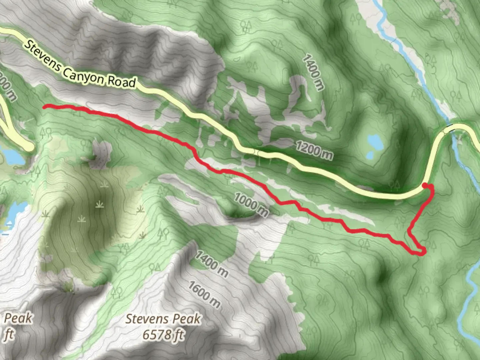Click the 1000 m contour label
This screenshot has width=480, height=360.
(x=251, y=204)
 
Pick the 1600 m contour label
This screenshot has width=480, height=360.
(x=204, y=294)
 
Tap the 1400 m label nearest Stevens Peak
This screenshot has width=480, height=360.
(x=212, y=264)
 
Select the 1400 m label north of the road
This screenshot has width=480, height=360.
(x=313, y=73)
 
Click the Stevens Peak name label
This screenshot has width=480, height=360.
(x=163, y=319)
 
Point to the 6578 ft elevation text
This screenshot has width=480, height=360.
(x=163, y=334)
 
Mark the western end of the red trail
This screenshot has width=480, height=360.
(x=45, y=107)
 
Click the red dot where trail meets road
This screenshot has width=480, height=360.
(x=425, y=185)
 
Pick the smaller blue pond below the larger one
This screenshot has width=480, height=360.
(x=370, y=155)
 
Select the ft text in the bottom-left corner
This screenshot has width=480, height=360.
(x=9, y=334)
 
